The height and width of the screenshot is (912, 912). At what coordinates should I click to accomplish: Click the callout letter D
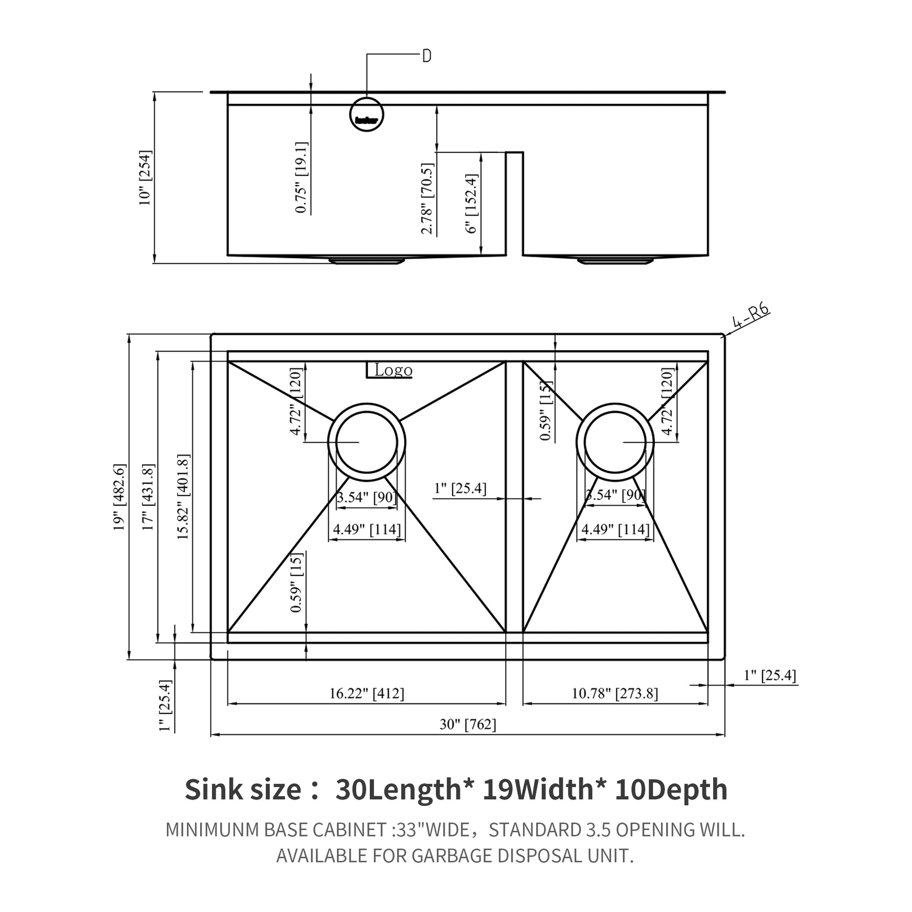[426, 56]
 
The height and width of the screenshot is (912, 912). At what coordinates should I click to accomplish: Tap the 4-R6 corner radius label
[751, 316]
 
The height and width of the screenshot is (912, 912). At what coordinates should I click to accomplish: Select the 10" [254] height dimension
[145, 178]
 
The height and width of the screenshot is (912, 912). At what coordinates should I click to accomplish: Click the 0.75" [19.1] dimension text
[302, 178]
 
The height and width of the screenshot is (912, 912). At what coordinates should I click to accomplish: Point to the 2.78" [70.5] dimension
[427, 198]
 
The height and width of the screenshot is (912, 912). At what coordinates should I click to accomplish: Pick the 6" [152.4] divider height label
[471, 203]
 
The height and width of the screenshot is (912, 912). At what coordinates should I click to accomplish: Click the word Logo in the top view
[393, 370]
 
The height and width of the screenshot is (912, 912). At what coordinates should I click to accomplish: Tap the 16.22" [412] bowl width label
[366, 694]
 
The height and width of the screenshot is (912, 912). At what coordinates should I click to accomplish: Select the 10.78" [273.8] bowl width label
[614, 694]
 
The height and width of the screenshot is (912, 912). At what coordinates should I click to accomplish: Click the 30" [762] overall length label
[468, 724]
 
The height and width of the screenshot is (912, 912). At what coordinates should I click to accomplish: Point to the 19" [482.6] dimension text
[120, 497]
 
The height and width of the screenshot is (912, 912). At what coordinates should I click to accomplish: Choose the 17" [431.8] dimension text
[148, 497]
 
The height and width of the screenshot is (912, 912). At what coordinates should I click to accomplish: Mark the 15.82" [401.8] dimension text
[183, 497]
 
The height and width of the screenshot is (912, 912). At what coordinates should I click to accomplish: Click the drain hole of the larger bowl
[366, 442]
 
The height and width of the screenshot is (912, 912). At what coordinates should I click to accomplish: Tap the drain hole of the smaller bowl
[614, 442]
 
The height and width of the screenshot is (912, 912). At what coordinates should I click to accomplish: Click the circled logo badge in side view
[366, 115]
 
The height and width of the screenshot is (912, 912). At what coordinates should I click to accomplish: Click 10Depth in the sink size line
[671, 789]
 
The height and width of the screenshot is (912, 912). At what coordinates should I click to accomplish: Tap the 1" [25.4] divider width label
[460, 488]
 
